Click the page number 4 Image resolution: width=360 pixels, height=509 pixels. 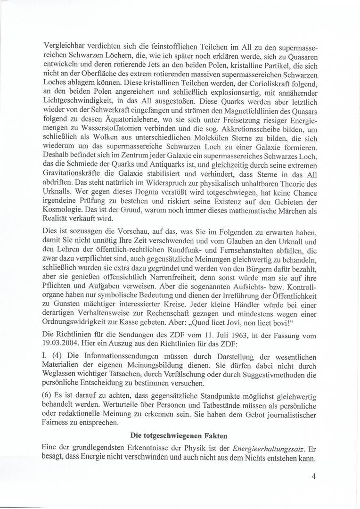(x=313, y=476)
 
